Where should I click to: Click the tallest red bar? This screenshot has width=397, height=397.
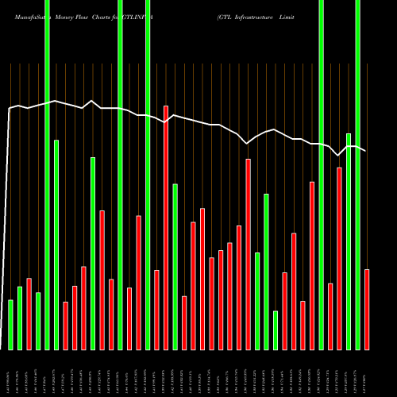tap(166, 227)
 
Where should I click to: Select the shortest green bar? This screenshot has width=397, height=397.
tap(276, 330)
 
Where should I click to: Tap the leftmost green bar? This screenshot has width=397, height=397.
tap(10, 325)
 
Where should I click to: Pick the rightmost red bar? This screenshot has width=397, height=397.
tap(367, 309)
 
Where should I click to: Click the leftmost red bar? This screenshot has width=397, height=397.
tap(29, 314)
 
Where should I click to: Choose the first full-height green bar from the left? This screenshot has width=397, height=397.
tap(47, 175)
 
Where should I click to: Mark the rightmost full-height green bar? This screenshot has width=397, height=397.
tap(357, 175)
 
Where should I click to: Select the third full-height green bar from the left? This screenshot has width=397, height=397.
tap(148, 175)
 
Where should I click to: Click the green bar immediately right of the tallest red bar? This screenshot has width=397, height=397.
tap(175, 267)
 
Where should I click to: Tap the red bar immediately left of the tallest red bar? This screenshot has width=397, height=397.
tap(156, 310)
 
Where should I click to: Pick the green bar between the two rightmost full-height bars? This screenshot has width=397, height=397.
tap(349, 241)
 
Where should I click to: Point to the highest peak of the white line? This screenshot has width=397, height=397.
tap(92, 100)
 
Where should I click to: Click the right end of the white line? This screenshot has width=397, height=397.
tap(365, 150)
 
